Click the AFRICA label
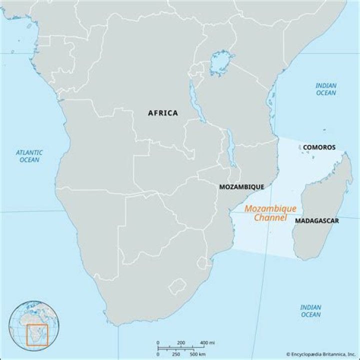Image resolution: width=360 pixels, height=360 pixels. point(162,113)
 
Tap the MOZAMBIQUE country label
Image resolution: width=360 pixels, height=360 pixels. point(241,186)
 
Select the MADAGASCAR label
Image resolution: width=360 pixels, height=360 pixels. point(316,220)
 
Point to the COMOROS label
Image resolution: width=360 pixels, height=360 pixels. point(319,147)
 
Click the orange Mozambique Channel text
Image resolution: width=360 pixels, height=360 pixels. point(270,213)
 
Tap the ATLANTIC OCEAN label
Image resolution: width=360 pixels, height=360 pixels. point(29,156)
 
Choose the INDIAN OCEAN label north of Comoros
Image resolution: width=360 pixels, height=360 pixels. point(325,89)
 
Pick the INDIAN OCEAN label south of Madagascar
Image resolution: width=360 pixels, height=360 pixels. point(310,310)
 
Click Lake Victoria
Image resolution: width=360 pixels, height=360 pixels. point(221,63)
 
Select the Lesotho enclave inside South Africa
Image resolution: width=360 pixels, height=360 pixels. point(176,286)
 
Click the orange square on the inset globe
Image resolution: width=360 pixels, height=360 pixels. point(36,334)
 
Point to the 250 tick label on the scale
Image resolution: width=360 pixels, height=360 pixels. point(175,354)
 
